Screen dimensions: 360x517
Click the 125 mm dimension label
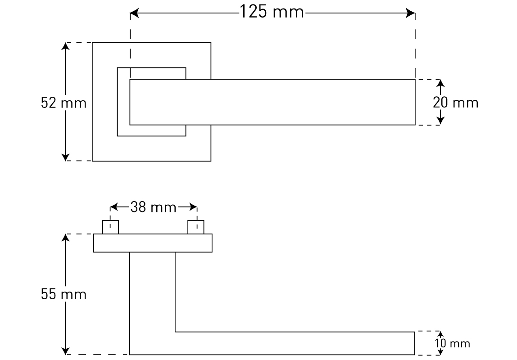[272, 12]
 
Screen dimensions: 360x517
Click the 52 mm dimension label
[63, 103]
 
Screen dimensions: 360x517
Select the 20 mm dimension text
[455, 103]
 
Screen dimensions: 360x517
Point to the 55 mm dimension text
[63, 295]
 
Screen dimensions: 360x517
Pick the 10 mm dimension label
[453, 344]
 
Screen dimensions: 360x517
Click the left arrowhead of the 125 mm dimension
[134, 14]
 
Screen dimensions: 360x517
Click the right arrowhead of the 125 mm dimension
[410, 14]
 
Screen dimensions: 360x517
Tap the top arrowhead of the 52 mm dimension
[66, 47]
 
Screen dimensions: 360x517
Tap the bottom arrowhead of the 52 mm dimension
[66, 157]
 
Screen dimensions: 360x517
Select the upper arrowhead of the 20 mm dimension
[440, 83]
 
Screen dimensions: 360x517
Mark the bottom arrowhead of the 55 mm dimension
[66, 351]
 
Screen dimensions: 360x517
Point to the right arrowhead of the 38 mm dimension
[194, 207]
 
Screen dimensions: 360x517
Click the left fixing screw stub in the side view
[110, 227]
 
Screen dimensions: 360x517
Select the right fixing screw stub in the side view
[196, 227]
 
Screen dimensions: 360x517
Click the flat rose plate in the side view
[153, 243]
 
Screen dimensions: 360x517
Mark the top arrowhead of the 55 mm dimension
[66, 238]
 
